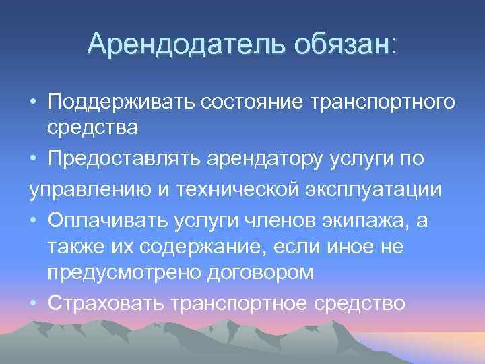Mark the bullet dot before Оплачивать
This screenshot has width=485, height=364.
coord(33,219)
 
